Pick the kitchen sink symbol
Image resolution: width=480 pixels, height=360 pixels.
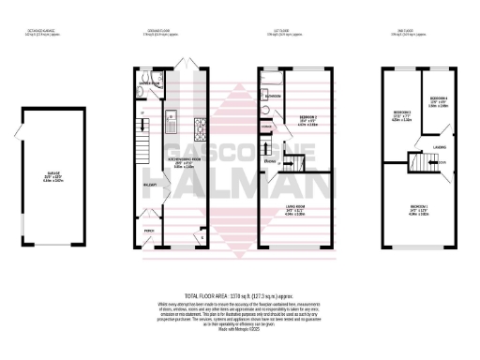(172, 119)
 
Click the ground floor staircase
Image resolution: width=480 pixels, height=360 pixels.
(143, 146)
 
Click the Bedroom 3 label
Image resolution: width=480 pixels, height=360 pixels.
(401, 117)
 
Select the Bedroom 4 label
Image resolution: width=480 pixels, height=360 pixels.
(439, 100)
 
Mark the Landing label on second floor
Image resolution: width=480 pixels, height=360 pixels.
(441, 147)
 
